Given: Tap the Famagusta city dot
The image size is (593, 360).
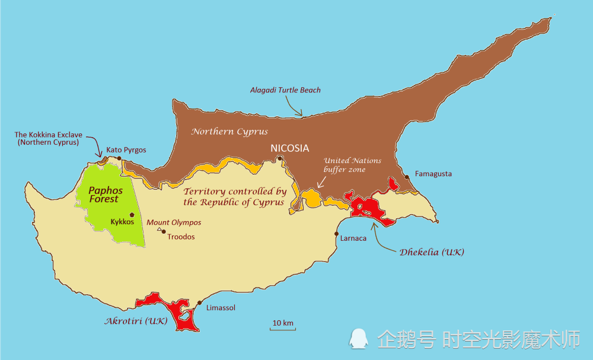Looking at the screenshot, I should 407,177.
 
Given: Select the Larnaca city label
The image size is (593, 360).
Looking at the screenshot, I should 353,238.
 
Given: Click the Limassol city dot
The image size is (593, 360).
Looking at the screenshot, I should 200,303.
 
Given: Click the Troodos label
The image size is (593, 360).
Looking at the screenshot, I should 181,237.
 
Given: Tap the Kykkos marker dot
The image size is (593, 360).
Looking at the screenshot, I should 132,215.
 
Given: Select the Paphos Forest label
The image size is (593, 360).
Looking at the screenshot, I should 103,195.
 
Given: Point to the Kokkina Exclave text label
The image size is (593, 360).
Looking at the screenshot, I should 48,139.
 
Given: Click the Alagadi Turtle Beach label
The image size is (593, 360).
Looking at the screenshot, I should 286,90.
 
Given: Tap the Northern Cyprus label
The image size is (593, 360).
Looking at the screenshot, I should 229,132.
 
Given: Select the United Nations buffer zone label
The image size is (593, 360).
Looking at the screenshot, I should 352,165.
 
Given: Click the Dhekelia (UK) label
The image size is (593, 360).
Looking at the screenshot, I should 432,252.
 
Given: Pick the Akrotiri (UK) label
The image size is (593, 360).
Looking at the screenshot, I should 136,321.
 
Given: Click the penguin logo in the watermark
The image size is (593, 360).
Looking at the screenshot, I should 359,339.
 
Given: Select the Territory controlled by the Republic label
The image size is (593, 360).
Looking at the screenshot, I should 235,197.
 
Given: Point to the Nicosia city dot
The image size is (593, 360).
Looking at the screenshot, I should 280,158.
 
